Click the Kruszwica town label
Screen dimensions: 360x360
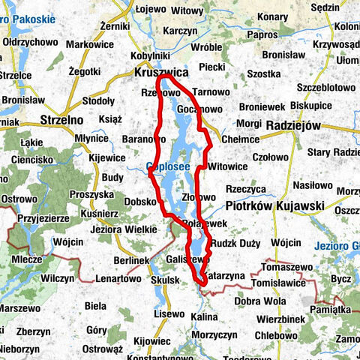coord(159,73)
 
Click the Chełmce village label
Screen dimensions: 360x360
coord(240,139)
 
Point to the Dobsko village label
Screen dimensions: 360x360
coord(139,201)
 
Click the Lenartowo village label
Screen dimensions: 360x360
coord(118,278)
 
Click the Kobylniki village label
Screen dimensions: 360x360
coord(149,55)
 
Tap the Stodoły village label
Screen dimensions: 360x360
coord(97,100)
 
